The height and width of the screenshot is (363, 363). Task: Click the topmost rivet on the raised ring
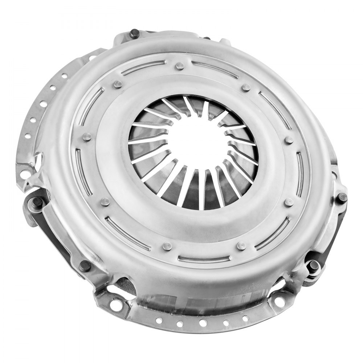(x=179, y=66)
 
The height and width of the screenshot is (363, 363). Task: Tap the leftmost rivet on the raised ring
(x=86, y=137)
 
